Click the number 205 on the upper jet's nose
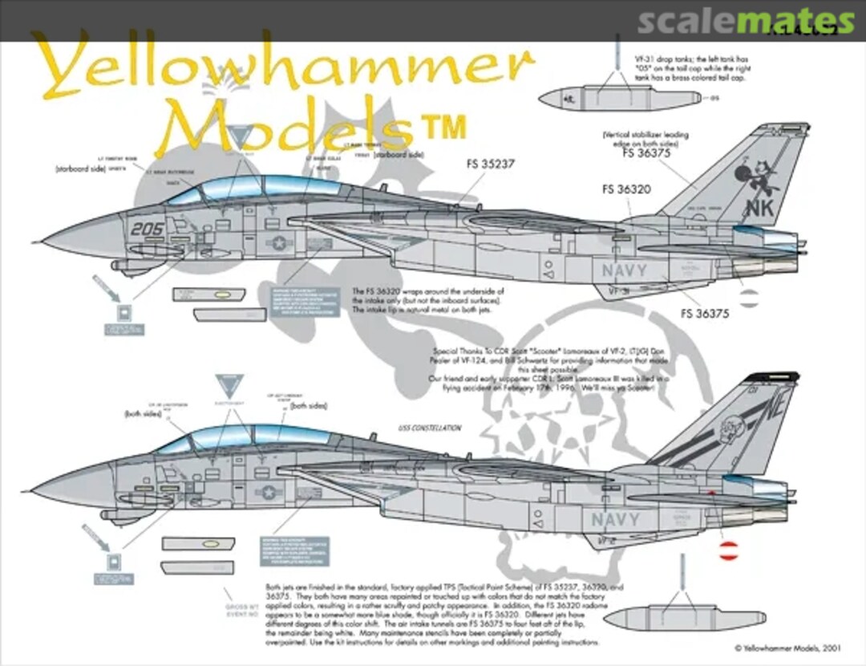(148, 229)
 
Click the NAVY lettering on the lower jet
(616, 519)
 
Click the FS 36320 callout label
(626, 190)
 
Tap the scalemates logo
(746, 21)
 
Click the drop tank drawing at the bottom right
(682, 619)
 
